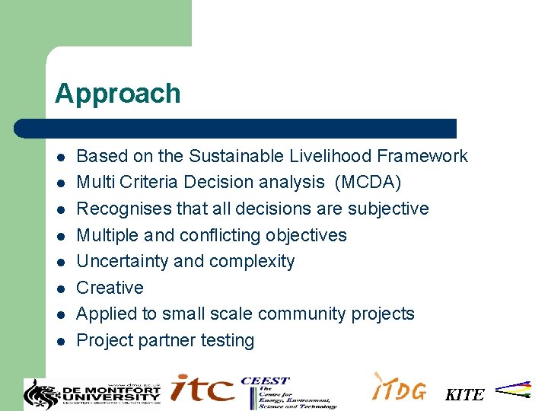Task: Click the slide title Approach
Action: pyautogui.click(x=117, y=94)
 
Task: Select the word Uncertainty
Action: pyautogui.click(x=123, y=261)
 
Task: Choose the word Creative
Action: pyautogui.click(x=110, y=288)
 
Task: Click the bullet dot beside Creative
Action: pyautogui.click(x=60, y=288)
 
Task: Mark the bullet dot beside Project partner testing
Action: pyautogui.click(x=60, y=341)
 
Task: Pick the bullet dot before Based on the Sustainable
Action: pyautogui.click(x=60, y=157)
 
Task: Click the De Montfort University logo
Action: pyautogui.click(x=92, y=393)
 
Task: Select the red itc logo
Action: pyautogui.click(x=202, y=388)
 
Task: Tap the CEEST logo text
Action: pyautogui.click(x=265, y=381)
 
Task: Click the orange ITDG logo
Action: pyautogui.click(x=399, y=387)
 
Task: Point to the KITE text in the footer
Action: pyautogui.click(x=464, y=394)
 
